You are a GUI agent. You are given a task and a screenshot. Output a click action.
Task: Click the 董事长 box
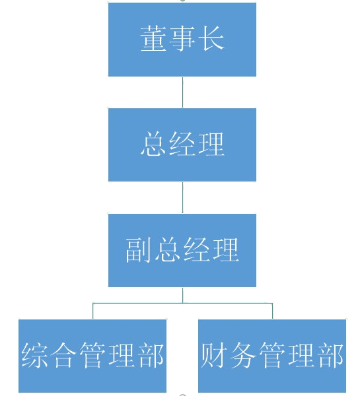pyautogui.click(x=182, y=40)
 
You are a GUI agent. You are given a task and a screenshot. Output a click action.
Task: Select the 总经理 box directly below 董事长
pyautogui.click(x=182, y=145)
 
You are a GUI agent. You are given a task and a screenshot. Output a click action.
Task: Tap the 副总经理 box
pyautogui.click(x=182, y=250)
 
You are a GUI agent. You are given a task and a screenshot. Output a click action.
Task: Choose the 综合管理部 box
pyautogui.click(x=92, y=356)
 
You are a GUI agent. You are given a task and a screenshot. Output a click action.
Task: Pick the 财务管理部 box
pyautogui.click(x=272, y=356)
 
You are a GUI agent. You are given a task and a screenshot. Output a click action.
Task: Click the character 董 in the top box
pyautogui.click(x=153, y=39)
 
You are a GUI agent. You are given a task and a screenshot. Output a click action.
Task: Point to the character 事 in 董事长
pyautogui.click(x=182, y=39)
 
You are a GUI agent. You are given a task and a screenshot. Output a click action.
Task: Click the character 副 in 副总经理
pyautogui.click(x=139, y=249)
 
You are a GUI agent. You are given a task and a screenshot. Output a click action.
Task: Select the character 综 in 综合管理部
pyautogui.click(x=34, y=355)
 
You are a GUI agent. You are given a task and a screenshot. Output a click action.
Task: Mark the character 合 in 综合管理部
pyautogui.click(x=63, y=355)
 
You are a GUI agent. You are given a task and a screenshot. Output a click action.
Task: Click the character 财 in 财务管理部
pyautogui.click(x=214, y=355)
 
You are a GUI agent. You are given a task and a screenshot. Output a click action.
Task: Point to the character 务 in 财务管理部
pyautogui.click(x=243, y=355)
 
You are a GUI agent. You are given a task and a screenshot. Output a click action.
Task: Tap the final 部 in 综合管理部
pyautogui.click(x=151, y=355)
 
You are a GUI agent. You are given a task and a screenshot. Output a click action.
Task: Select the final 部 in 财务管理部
pyautogui.click(x=330, y=355)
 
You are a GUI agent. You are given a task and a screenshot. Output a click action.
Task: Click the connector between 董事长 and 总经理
pyautogui.click(x=182, y=92)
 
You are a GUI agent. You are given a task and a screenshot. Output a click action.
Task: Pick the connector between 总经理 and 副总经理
pyautogui.click(x=182, y=198)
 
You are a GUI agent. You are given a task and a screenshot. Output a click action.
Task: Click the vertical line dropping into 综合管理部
pyautogui.click(x=92, y=311)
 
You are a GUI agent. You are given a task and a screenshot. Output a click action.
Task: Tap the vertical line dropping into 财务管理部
pyautogui.click(x=272, y=311)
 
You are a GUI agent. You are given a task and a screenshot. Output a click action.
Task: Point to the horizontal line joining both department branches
pyautogui.click(x=182, y=302)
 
